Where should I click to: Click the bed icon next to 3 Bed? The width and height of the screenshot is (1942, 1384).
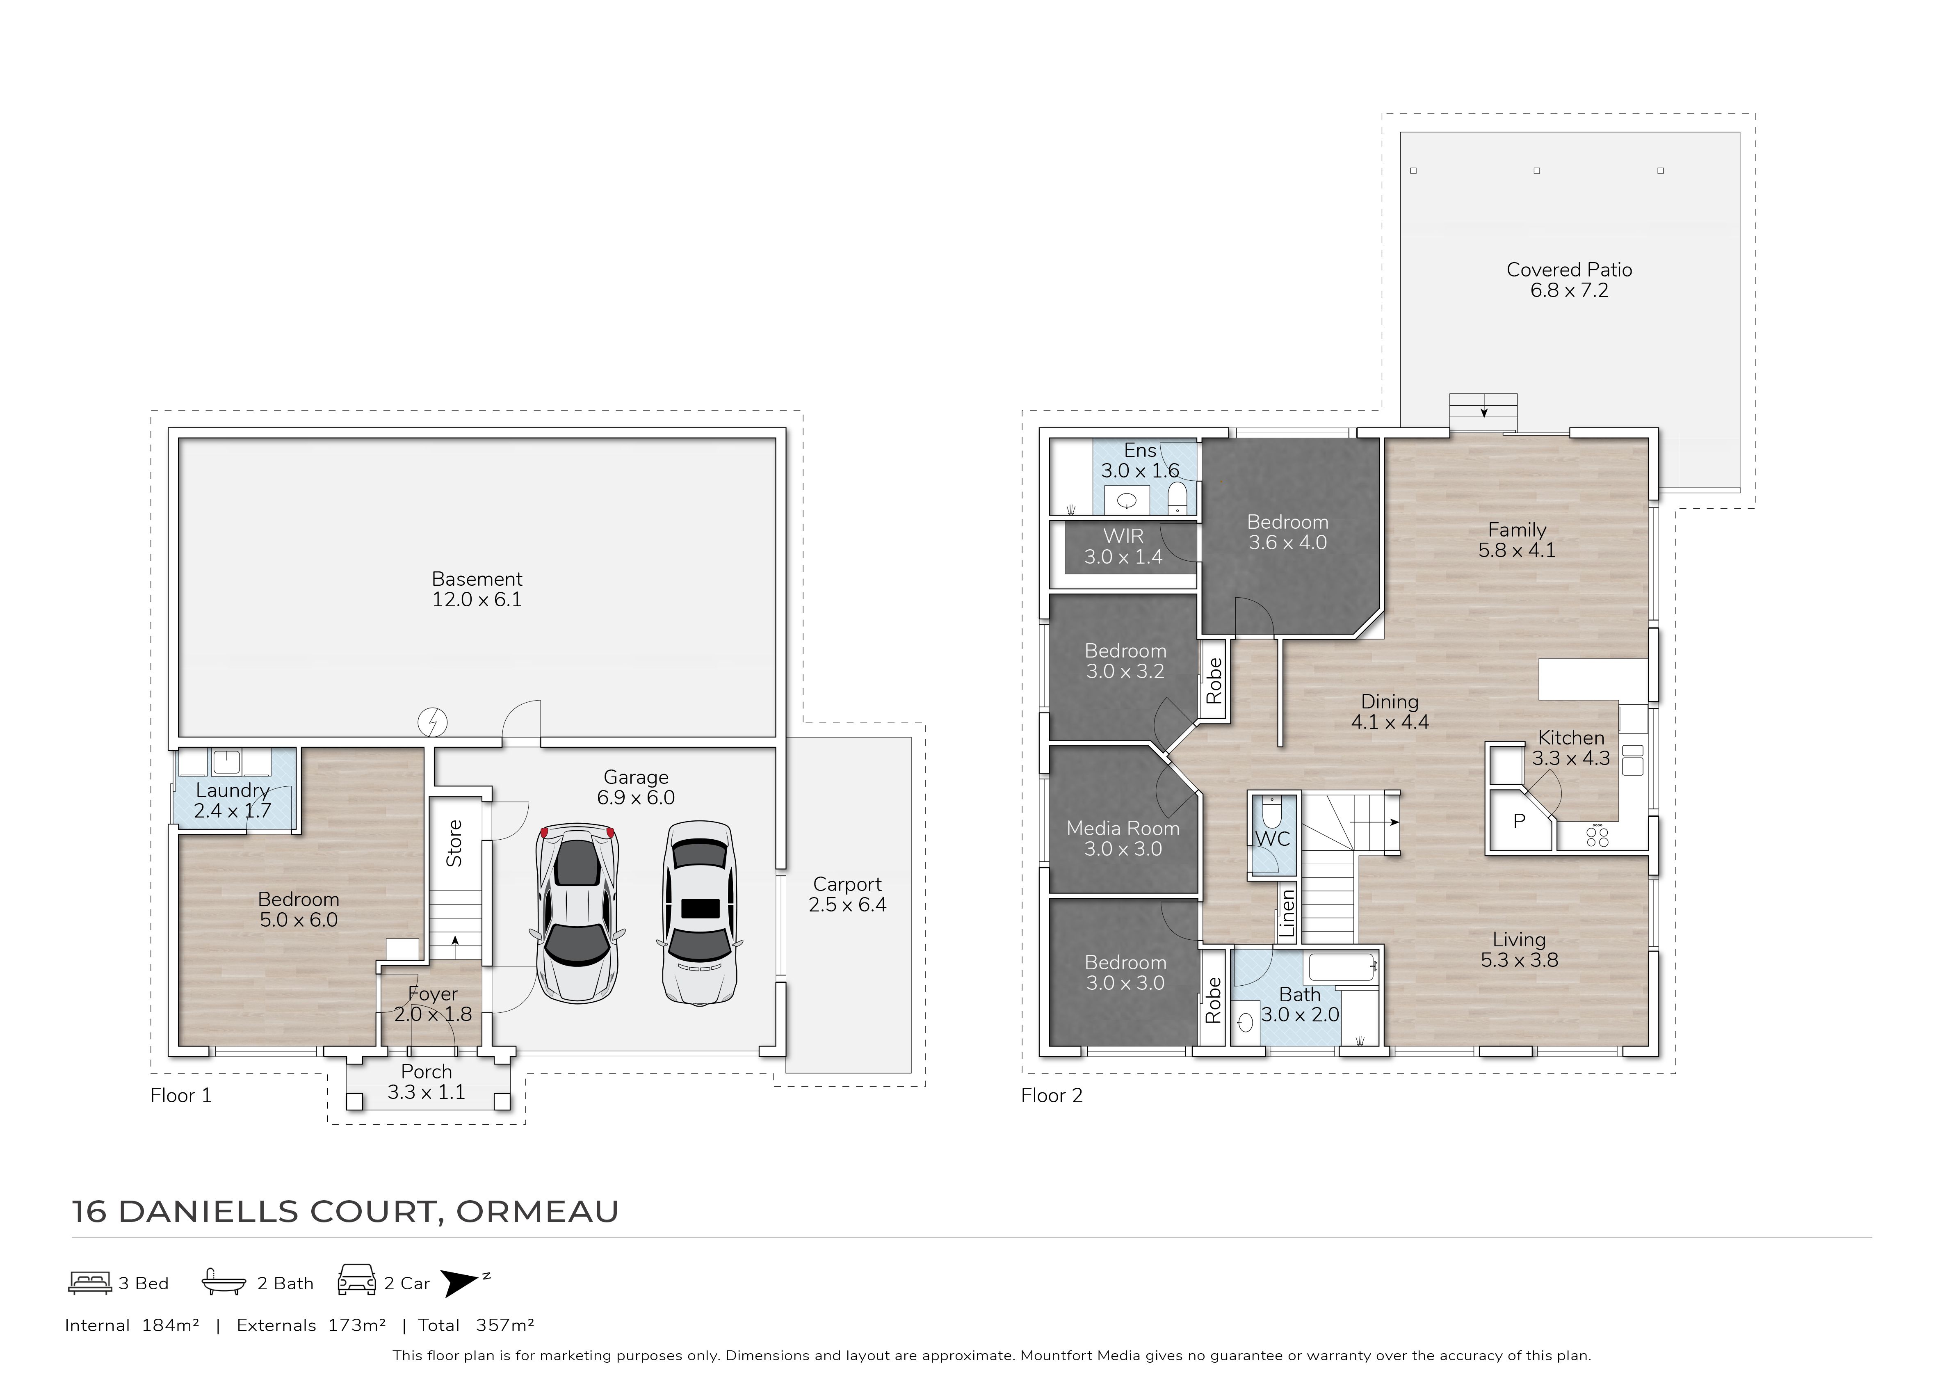pos(89,1283)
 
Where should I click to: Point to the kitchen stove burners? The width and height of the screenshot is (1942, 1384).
pos(1598,837)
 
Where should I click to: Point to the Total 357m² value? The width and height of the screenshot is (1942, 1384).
pos(504,1325)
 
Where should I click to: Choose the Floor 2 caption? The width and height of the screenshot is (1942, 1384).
pos(1052,1096)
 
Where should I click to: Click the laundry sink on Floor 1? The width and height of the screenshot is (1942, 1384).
pos(226,761)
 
